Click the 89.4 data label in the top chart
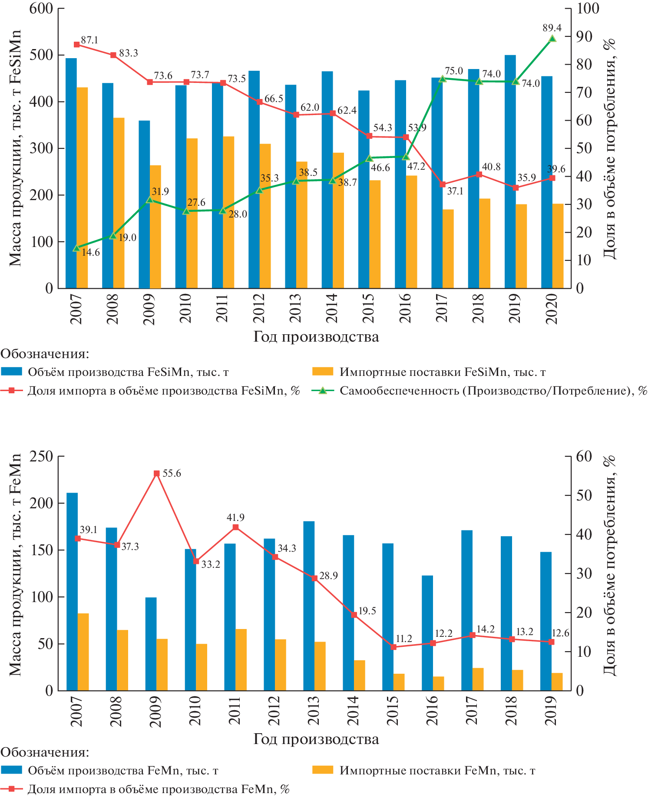(x=552, y=28)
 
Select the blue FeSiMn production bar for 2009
(x=144, y=204)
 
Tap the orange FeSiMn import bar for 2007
(x=82, y=188)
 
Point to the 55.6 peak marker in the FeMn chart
(x=157, y=474)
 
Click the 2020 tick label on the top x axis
(x=552, y=309)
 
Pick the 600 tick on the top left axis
(x=41, y=9)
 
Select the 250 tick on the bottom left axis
(x=41, y=456)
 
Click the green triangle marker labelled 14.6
(x=76, y=248)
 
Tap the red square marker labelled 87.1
(x=76, y=44)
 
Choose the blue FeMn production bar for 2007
(x=72, y=591)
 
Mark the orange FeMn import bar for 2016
(x=438, y=683)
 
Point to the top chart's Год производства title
(x=316, y=337)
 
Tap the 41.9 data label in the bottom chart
(x=235, y=517)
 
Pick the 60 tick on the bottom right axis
(x=584, y=456)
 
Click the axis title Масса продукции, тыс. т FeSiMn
(x=15, y=148)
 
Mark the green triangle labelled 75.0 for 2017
(x=443, y=79)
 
